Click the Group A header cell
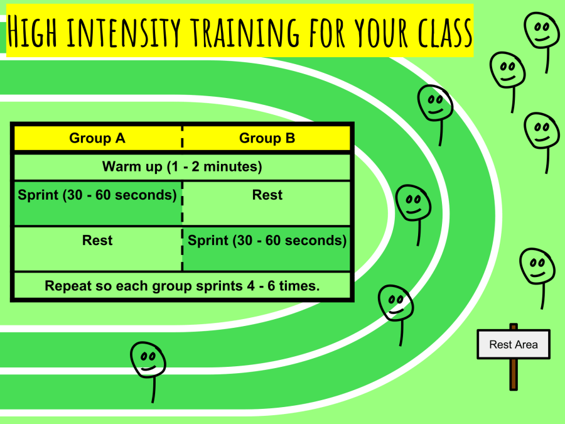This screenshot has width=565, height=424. pos(97,138)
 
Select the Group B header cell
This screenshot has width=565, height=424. pos(267,138)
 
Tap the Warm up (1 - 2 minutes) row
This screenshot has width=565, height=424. pos(182,167)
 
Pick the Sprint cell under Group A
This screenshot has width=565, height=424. pos(97,203)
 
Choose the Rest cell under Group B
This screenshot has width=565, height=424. pos(267,203)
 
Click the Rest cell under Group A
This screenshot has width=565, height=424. pos(97,248)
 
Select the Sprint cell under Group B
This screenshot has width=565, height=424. pos(267,248)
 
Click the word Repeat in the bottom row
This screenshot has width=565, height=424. pos(65,286)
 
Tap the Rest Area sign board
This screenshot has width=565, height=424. pos(513,344)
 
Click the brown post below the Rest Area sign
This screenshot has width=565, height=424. pos(514,374)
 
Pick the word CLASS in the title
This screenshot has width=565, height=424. pos(443,31)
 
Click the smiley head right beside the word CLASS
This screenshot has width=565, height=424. pos(541,29)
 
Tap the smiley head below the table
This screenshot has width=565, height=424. pos(148,359)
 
